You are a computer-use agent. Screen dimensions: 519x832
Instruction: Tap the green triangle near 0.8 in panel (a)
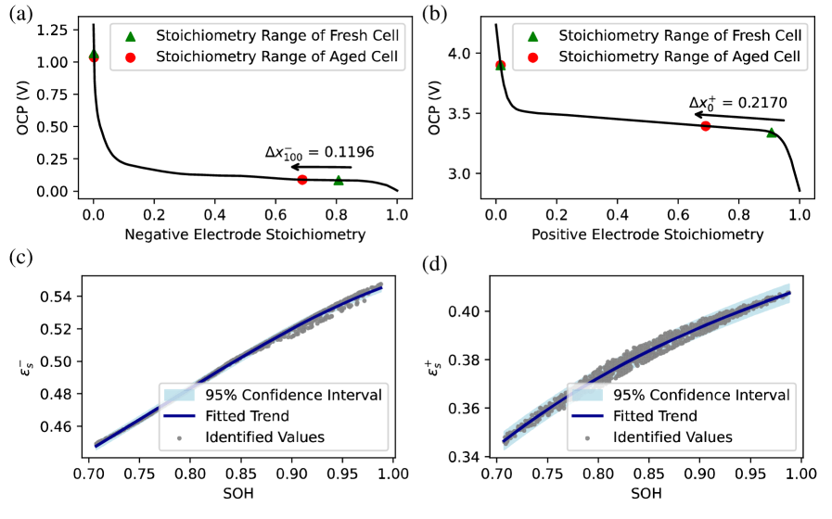click(339, 181)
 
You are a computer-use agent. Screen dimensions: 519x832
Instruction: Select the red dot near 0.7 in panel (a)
click(302, 179)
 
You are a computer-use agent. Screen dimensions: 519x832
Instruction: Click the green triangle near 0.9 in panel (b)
click(772, 133)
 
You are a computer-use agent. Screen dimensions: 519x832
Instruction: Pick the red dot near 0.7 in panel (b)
click(706, 126)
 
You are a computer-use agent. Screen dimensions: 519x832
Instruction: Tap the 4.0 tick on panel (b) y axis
click(472, 53)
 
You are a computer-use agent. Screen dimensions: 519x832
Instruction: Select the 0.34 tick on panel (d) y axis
click(472, 457)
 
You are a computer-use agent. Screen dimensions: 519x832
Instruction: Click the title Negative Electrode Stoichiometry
click(245, 235)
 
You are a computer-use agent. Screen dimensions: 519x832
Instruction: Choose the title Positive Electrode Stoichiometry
click(647, 235)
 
